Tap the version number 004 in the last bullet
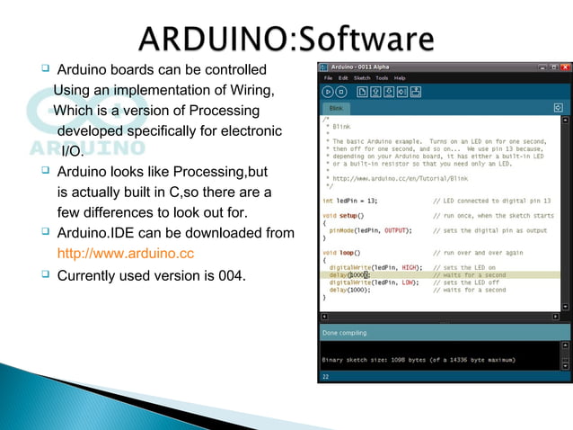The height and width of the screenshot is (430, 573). coord(230,274)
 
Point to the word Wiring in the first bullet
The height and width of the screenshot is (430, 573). coord(247,91)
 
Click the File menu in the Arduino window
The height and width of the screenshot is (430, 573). coord(329,78)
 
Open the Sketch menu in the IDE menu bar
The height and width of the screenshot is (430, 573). coord(362,78)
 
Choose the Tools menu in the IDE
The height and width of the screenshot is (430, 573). coord(383,78)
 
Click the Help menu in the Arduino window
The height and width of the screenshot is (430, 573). coord(401,78)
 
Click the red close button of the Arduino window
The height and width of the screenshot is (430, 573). coord(565,67)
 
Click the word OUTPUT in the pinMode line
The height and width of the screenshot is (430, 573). coord(392,230)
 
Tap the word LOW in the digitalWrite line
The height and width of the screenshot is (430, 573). coord(409,282)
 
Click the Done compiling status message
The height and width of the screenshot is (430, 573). coord(345,332)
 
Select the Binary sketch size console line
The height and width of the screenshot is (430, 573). coord(419,359)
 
